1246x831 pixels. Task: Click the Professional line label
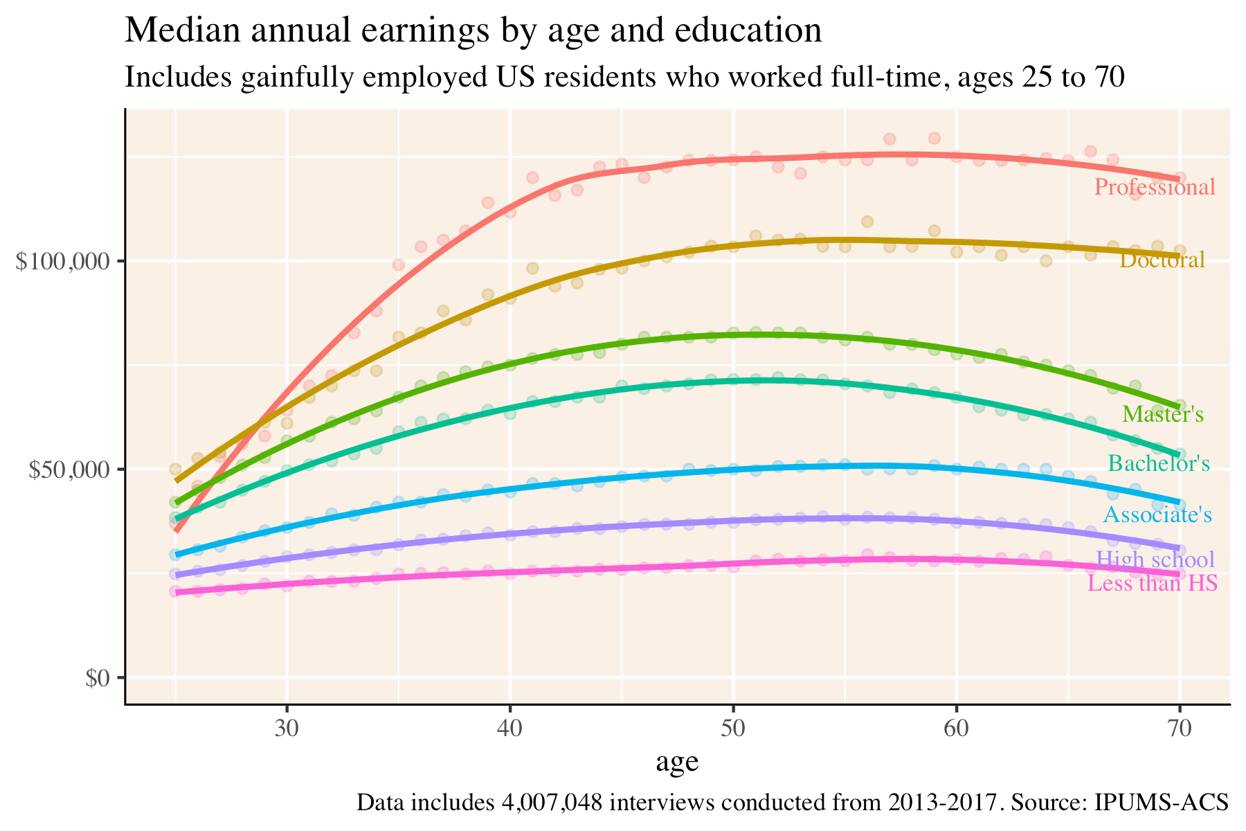pos(1155,188)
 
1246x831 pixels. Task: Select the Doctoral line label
pos(1162,260)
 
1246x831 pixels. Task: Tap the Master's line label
pos(1162,415)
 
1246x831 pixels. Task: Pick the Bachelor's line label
pos(1158,463)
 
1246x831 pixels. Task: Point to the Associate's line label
pos(1157,515)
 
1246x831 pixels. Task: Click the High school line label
pos(1155,560)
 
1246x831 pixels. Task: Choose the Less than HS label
pos(1153,584)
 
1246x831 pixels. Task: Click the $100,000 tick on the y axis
pos(66,262)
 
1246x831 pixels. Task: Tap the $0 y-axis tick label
pos(97,678)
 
